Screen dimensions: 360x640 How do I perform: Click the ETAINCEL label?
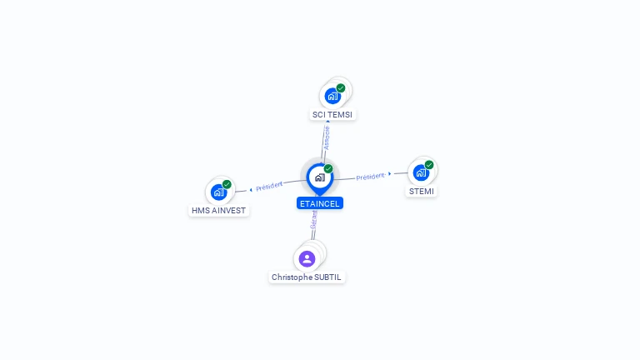320,202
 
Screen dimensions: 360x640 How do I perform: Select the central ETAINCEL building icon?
319,177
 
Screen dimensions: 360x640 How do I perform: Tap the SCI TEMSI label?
333,114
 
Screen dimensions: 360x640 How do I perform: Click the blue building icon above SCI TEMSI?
332,96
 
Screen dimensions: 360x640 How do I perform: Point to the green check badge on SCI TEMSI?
341,87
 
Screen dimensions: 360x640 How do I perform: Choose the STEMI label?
422,191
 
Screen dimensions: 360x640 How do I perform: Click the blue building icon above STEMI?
421,172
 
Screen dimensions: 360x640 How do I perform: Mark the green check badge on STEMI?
429,165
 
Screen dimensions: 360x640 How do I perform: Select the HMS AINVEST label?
218,210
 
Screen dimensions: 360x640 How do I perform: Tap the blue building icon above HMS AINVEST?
218,192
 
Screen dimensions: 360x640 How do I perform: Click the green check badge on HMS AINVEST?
227,184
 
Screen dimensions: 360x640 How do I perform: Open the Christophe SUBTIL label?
307,277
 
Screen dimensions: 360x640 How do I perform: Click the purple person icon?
307,258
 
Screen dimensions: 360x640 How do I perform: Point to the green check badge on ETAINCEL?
328,168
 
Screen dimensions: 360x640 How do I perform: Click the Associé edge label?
327,137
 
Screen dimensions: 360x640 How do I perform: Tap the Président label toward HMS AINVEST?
269,186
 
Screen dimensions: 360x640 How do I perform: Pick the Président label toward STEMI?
370,176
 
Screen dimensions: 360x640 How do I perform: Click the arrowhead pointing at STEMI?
390,173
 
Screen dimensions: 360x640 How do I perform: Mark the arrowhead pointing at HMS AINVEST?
251,189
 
